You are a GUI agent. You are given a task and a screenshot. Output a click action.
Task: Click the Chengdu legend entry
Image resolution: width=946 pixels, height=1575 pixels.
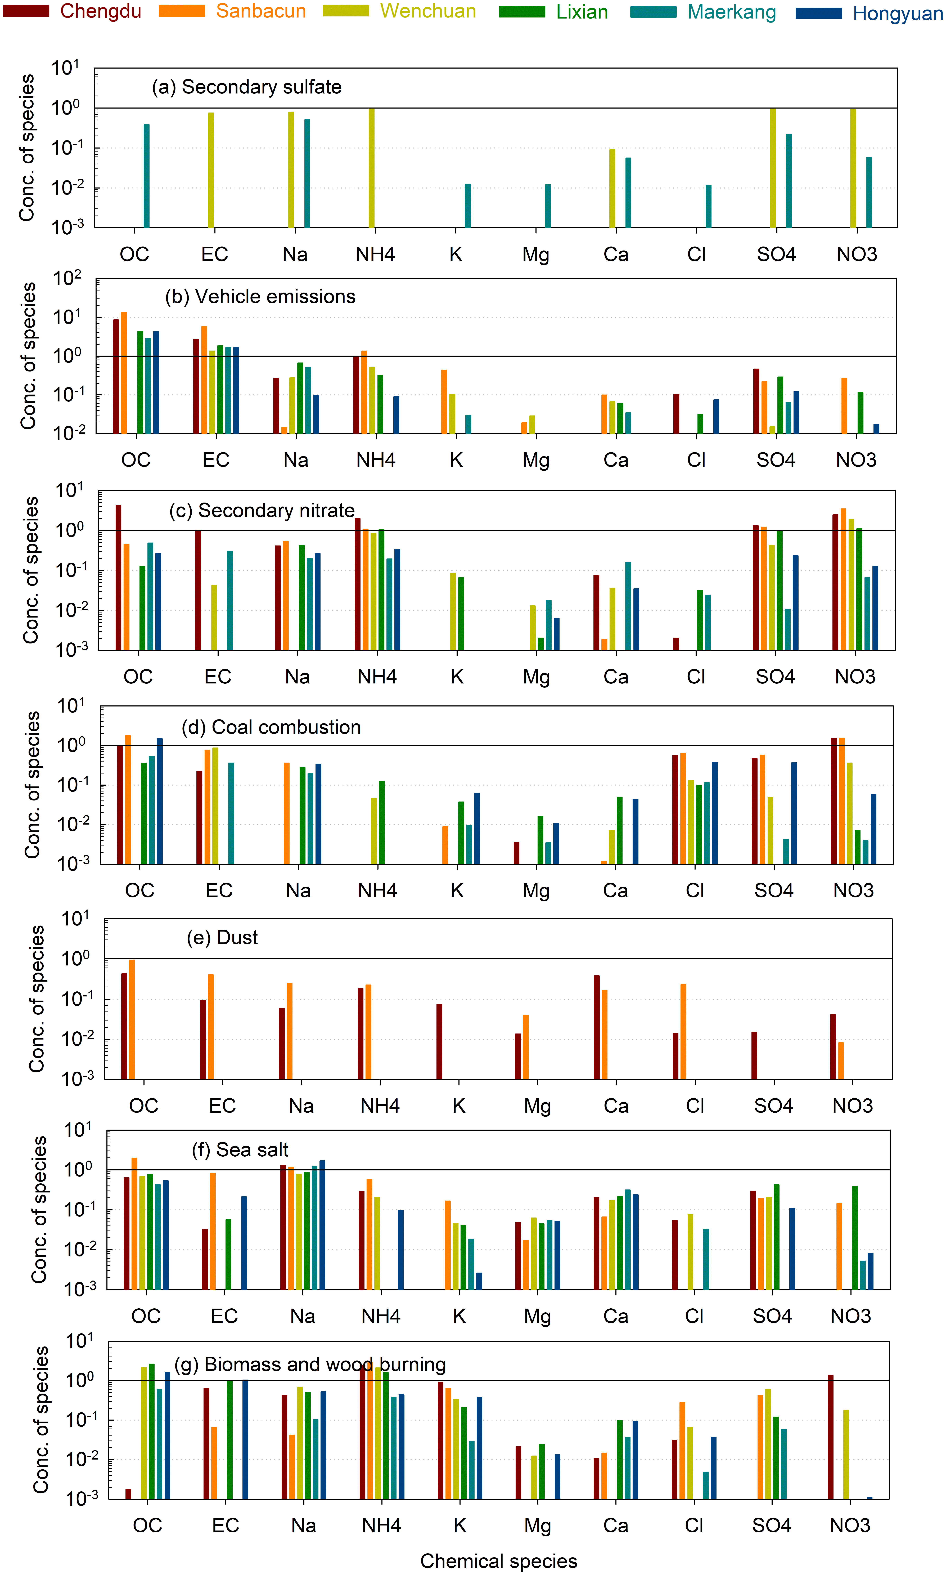point(100,11)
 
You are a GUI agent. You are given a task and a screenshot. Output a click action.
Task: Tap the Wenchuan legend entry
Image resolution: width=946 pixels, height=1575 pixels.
point(428,11)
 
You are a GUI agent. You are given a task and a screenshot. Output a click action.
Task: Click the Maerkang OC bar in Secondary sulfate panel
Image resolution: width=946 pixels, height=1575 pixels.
point(147,176)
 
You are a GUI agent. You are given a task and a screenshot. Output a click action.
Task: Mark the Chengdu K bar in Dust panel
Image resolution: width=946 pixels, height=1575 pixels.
point(439,1041)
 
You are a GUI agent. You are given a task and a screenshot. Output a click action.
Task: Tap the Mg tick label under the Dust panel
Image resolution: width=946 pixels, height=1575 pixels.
point(537,1106)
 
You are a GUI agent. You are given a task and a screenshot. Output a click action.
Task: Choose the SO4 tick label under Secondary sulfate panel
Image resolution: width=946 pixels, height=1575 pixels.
point(776,254)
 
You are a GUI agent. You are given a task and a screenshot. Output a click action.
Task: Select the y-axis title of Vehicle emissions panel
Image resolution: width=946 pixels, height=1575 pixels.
point(28,356)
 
